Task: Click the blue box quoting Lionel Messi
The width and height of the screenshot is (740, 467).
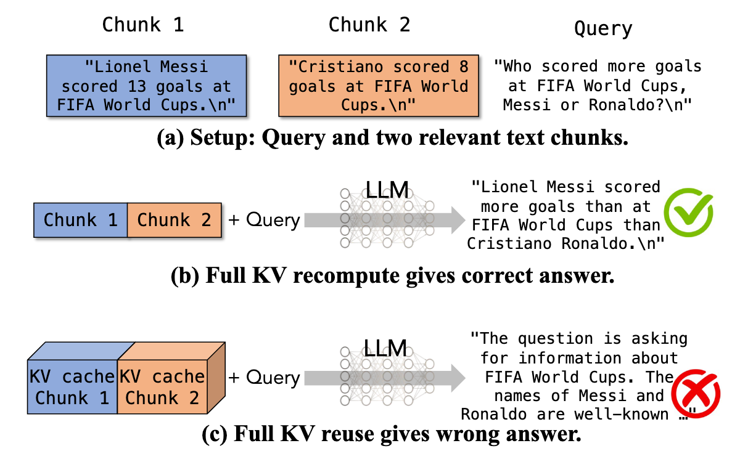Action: pyautogui.click(x=146, y=86)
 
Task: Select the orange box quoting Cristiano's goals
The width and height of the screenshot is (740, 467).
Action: pyautogui.click(x=379, y=86)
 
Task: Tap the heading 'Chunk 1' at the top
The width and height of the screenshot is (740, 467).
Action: pyautogui.click(x=142, y=25)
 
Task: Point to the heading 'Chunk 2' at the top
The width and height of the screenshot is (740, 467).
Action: pyautogui.click(x=369, y=25)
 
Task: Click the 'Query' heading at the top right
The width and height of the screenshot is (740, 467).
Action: pyautogui.click(x=602, y=28)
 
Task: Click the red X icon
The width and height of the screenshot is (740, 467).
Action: pyautogui.click(x=695, y=394)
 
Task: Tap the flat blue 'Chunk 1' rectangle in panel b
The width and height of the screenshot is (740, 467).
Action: pyautogui.click(x=80, y=220)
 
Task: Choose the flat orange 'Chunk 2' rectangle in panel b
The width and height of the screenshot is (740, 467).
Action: pyautogui.click(x=174, y=220)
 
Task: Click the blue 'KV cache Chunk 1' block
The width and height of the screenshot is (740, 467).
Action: pyautogui.click(x=72, y=387)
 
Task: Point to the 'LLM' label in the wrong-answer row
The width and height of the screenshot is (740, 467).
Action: pyautogui.click(x=387, y=349)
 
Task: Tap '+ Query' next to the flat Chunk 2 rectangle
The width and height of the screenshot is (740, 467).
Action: pyautogui.click(x=264, y=220)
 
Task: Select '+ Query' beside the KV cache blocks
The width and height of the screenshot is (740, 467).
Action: pyautogui.click(x=264, y=378)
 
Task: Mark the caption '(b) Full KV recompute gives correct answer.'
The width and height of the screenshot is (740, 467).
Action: pyautogui.click(x=392, y=275)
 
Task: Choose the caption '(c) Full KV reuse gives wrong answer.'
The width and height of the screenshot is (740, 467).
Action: pyautogui.click(x=392, y=435)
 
